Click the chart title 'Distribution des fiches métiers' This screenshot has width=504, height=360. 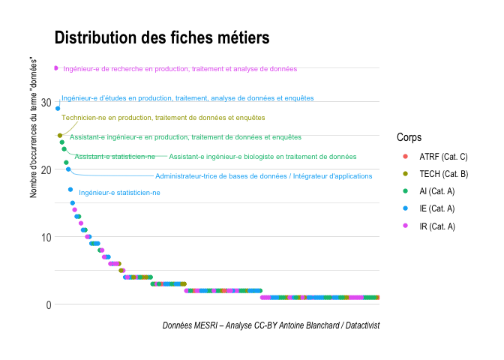click(161, 37)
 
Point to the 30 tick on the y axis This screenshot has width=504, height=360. click(46, 102)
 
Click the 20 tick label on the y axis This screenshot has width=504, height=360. click(46, 169)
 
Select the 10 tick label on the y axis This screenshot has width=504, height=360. click(46, 237)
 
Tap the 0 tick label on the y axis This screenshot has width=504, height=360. click(49, 304)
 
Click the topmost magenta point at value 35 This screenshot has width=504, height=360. click(55, 68)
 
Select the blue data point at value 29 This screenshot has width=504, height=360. click(58, 109)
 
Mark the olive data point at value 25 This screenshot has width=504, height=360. click(60, 136)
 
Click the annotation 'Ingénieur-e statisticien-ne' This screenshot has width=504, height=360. click(119, 193)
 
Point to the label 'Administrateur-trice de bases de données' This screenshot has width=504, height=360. click(263, 176)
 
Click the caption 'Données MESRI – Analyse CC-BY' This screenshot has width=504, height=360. click(271, 325)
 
